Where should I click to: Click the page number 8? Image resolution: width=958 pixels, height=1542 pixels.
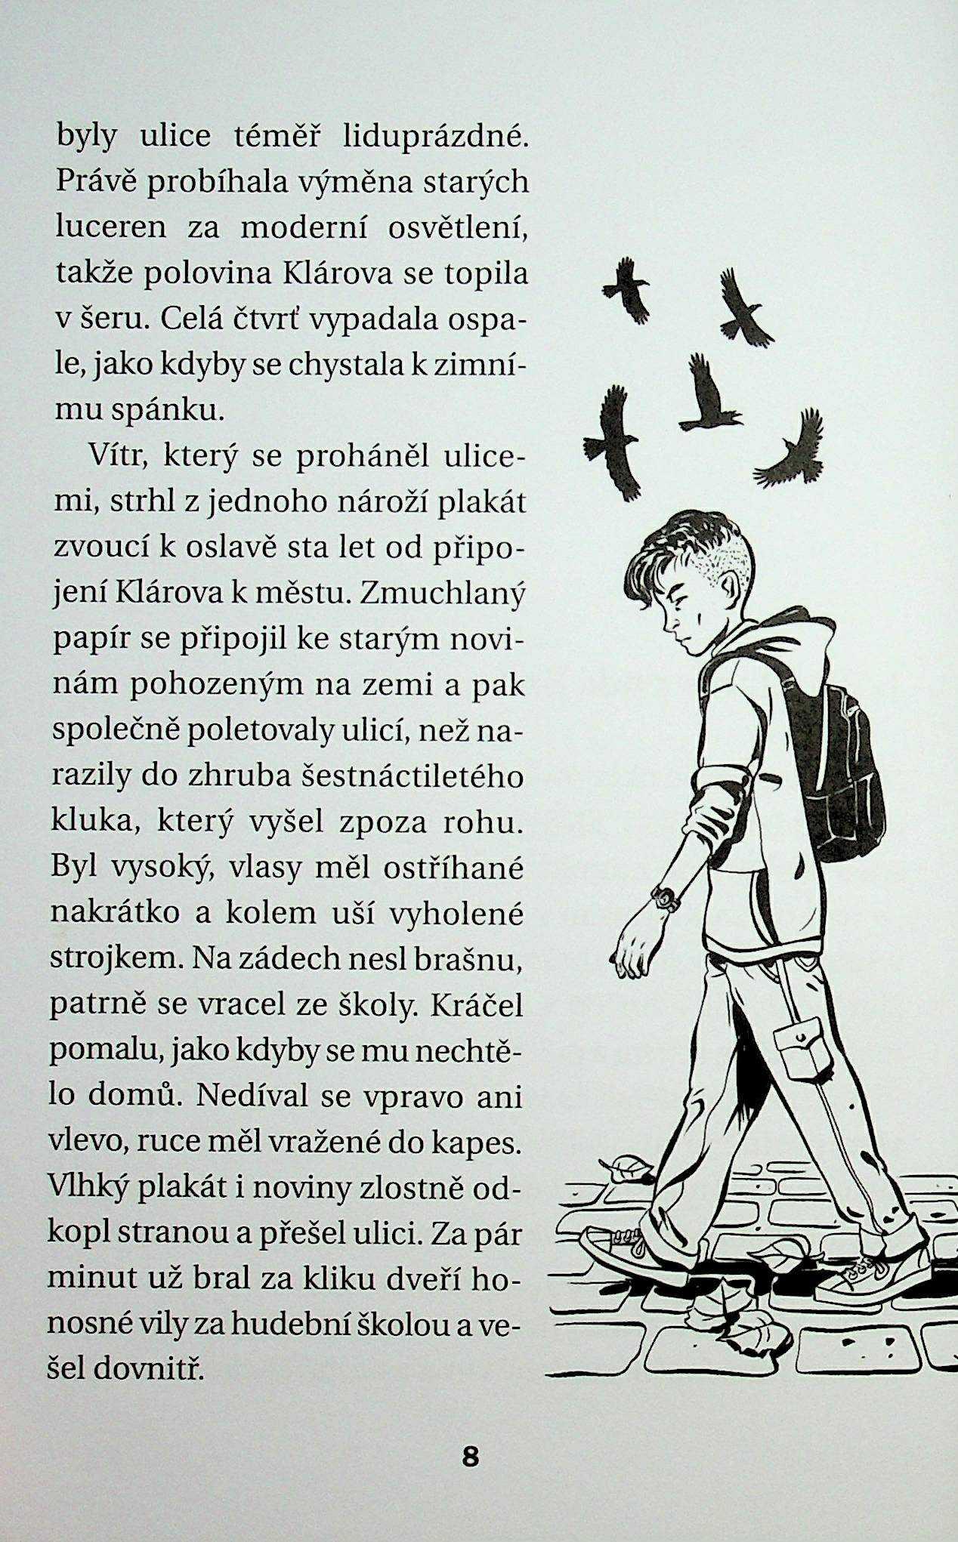470,1456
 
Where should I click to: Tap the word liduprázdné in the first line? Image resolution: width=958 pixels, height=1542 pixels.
433,137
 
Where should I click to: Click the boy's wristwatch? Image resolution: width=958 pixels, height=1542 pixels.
665,898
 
